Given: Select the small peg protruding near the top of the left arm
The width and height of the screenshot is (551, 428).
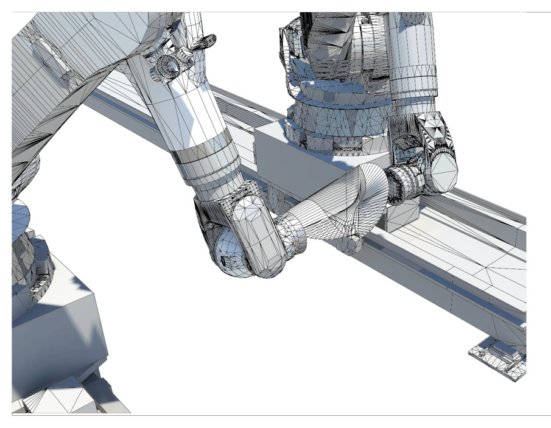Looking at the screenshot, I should coord(207,41).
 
